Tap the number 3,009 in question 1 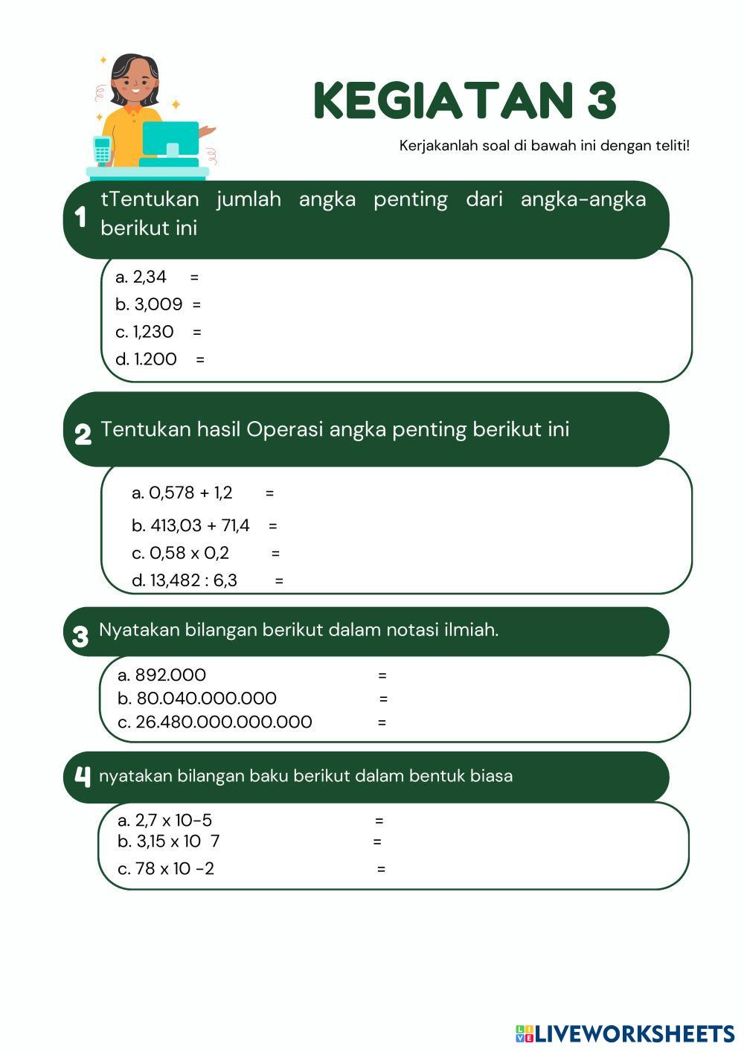158,304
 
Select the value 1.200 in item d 155,359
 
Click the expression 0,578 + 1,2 191,493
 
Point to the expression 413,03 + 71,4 200,525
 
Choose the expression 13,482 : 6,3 193,580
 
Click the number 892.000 170,675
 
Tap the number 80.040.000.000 206,699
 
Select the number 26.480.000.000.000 223,722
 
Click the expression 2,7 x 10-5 173,821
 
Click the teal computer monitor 170,138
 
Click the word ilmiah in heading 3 470,630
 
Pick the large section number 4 82,776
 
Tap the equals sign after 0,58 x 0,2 276,554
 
